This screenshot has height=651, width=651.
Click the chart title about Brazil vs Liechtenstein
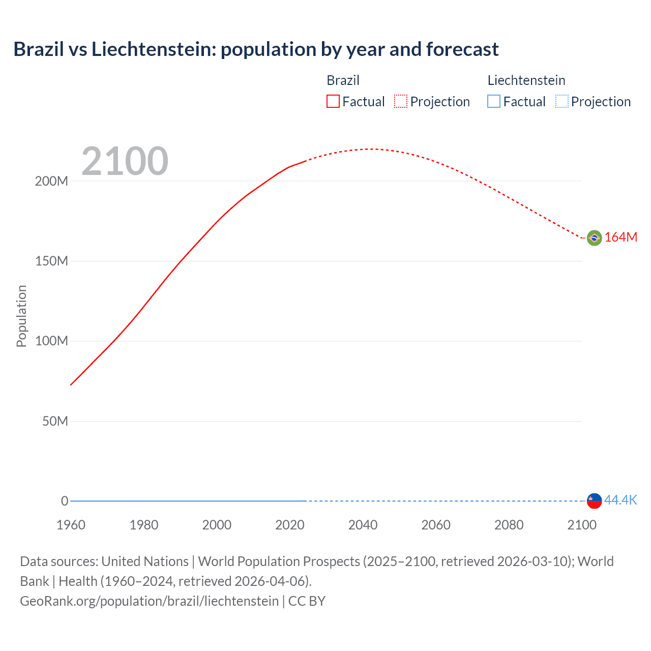tap(256, 49)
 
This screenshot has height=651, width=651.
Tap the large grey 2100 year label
tap(125, 161)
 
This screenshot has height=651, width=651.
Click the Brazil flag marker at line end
tap(594, 238)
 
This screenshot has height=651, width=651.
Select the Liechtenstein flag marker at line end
tap(594, 500)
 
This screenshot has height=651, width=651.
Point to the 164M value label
tap(620, 238)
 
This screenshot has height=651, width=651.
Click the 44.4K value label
tap(620, 500)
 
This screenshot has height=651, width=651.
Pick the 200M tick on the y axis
tap(51, 181)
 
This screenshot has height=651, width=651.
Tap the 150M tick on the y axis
tap(51, 261)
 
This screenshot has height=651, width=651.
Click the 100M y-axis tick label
tap(51, 341)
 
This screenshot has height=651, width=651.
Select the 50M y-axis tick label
tap(55, 421)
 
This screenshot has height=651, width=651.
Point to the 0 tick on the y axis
tap(65, 501)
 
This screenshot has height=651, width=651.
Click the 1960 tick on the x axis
tap(71, 525)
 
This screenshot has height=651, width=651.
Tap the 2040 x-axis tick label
tap(363, 525)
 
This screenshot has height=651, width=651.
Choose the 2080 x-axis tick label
tap(509, 525)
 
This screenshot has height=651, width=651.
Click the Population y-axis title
tap(21, 316)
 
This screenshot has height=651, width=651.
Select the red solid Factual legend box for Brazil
tap(333, 102)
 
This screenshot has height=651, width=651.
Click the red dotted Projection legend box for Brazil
tap(401, 102)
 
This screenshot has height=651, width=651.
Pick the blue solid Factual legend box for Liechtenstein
tap(494, 102)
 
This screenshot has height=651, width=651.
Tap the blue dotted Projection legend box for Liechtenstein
tap(561, 102)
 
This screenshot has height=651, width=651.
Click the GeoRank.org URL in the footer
tap(149, 601)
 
